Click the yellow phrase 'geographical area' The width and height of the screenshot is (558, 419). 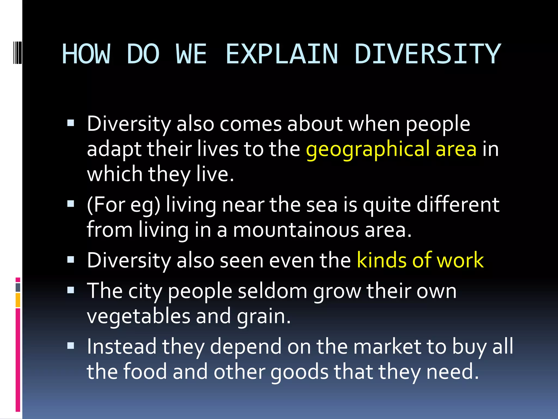391,149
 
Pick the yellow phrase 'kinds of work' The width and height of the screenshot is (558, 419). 420,260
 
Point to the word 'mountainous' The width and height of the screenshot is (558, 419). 296,230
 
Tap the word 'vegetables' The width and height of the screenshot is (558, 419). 138,316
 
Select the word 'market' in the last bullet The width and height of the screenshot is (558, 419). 387,347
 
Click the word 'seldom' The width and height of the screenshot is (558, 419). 272,291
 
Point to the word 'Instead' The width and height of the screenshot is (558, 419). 122,347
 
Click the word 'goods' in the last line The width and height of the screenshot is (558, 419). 299,372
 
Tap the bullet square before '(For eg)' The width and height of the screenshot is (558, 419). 71,204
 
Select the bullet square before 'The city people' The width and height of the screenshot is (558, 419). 71,290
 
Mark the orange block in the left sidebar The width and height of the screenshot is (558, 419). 18,300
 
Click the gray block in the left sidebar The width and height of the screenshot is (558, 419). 18,288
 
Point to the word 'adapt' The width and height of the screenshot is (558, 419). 114,150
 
